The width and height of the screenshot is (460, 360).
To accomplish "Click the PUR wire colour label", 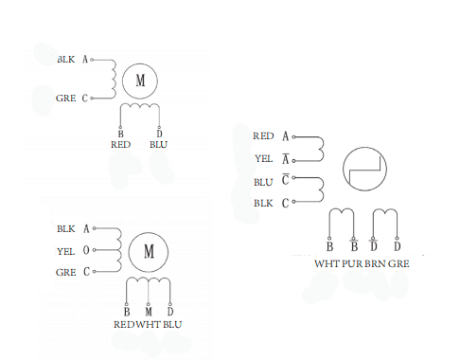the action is click(352, 263).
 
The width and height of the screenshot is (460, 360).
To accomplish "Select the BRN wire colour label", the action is click(375, 263).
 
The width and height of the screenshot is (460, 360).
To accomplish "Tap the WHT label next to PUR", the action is click(327, 263).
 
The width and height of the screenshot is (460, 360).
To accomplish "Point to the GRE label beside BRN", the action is click(398, 263).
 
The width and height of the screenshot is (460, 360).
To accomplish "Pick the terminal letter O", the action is click(86, 250).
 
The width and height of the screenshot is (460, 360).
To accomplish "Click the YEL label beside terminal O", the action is click(65, 251).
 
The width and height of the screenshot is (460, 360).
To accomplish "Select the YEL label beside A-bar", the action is click(263, 158).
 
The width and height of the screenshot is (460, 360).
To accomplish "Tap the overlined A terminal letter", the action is click(286, 159).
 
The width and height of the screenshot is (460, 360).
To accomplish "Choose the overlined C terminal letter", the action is click(285, 179).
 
